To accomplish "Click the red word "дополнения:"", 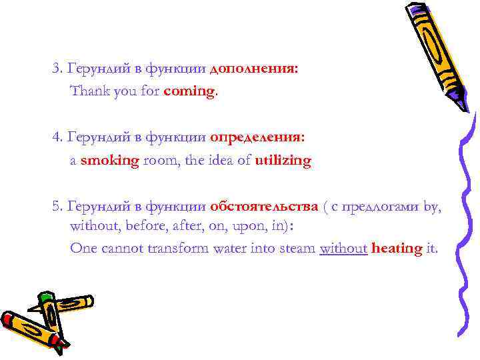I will [x=254, y=69].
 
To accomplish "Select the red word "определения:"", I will [x=257, y=137].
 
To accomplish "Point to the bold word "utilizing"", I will [x=283, y=161].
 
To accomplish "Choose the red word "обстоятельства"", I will [x=264, y=206].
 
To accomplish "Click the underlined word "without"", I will [x=343, y=249].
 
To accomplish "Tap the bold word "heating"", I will [x=397, y=249].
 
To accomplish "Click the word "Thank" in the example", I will [x=87, y=91].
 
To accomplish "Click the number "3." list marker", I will [x=57, y=69].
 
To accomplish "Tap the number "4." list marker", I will [x=57, y=137].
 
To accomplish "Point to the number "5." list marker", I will [x=57, y=206].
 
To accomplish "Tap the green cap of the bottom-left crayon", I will [x=46, y=297].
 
